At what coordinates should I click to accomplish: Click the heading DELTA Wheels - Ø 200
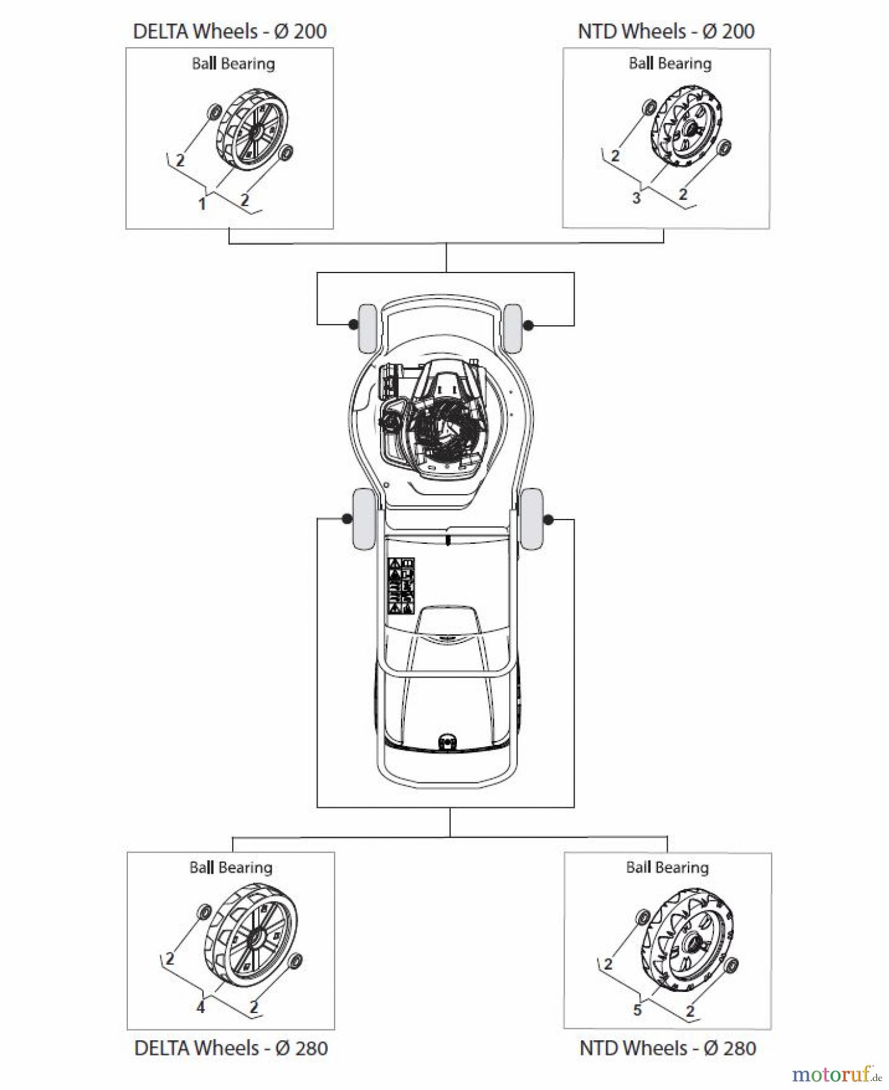pyautogui.click(x=230, y=31)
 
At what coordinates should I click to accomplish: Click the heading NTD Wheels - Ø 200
pyautogui.click(x=666, y=31)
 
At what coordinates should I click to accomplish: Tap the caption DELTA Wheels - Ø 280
pyautogui.click(x=231, y=1048)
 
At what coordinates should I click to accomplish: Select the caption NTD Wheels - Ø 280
pyautogui.click(x=668, y=1048)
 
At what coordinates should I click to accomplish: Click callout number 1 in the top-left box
pyautogui.click(x=202, y=204)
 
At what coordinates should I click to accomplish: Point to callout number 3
pyautogui.click(x=636, y=198)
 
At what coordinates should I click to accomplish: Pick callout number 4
pyautogui.click(x=201, y=1007)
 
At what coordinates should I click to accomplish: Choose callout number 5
pyautogui.click(x=637, y=1009)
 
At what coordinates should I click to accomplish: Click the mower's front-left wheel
pyautogui.click(x=367, y=328)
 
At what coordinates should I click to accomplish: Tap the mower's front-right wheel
pyautogui.click(x=513, y=328)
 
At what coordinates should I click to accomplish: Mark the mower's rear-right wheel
pyautogui.click(x=532, y=519)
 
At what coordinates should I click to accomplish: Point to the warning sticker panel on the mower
pyautogui.click(x=401, y=586)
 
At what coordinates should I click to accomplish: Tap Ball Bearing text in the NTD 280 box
pyautogui.click(x=667, y=868)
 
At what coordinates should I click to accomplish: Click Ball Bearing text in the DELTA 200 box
pyautogui.click(x=233, y=64)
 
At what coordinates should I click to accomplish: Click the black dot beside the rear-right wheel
pyautogui.click(x=549, y=520)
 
